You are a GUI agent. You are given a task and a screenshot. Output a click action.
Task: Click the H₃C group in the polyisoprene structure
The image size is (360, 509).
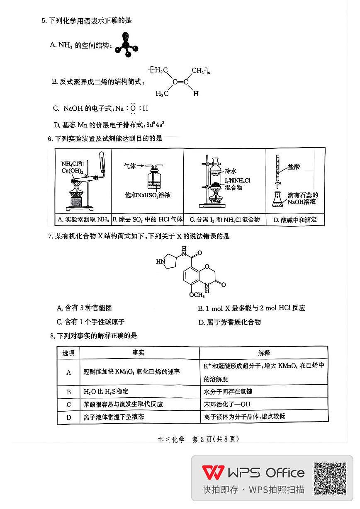[x=162, y=94]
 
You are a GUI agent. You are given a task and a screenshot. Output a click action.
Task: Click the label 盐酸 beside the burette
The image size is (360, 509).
[x=294, y=167]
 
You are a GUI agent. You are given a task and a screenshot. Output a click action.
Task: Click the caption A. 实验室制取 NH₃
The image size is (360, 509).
[x=83, y=220]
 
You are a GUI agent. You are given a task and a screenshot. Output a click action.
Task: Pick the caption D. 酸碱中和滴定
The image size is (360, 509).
[x=295, y=220]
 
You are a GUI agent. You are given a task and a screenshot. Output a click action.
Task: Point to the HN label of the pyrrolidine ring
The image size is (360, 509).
[x=160, y=262]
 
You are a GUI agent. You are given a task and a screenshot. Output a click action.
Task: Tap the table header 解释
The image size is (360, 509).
[x=264, y=353]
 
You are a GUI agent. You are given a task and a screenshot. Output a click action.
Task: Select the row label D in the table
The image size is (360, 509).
[x=69, y=417]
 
